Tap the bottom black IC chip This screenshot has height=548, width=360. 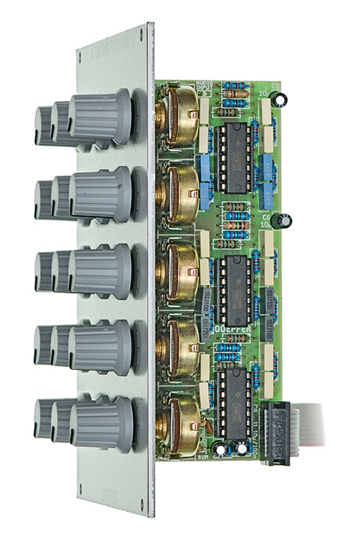point(233,396)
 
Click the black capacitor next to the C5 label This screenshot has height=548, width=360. point(283,98)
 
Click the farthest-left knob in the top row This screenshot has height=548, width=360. point(44,125)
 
